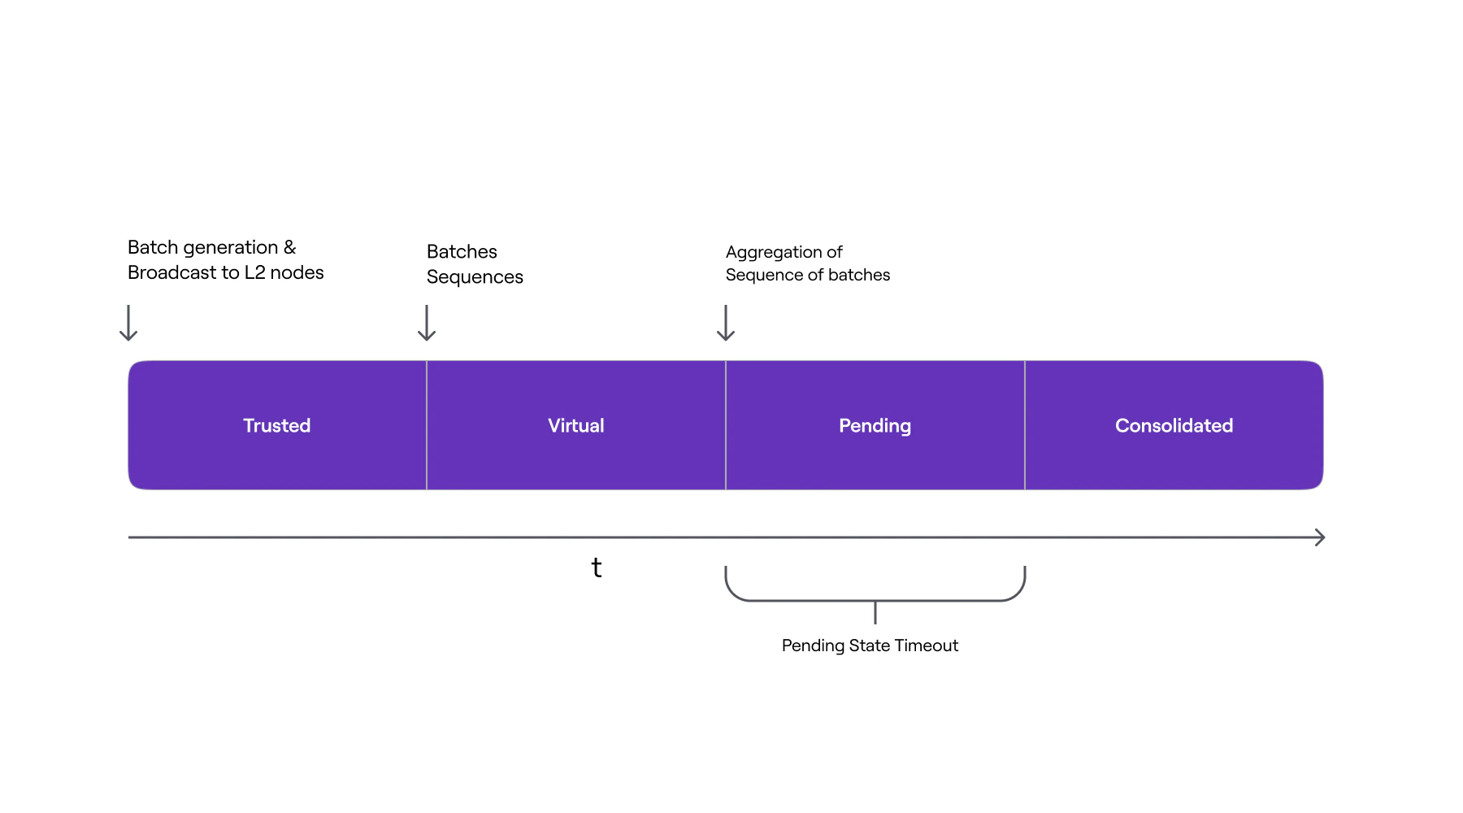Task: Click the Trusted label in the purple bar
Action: [276, 425]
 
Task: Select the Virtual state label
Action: [575, 425]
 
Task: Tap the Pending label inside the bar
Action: [875, 425]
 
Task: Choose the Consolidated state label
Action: [1174, 425]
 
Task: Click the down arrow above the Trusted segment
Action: [128, 323]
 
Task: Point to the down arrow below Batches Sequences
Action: [427, 323]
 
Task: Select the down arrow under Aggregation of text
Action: [726, 323]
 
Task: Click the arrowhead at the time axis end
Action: [1320, 537]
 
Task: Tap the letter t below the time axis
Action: [597, 567]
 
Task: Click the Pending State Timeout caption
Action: [870, 646]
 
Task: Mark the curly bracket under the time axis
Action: [875, 599]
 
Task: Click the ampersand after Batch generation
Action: [289, 247]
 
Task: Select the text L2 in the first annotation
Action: [254, 272]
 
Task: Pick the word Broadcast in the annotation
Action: [171, 272]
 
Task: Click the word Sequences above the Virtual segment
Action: [475, 277]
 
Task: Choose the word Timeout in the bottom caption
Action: [926, 646]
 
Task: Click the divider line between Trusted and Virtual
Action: [427, 425]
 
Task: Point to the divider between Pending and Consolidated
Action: [1025, 425]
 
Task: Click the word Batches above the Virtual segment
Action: [462, 252]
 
